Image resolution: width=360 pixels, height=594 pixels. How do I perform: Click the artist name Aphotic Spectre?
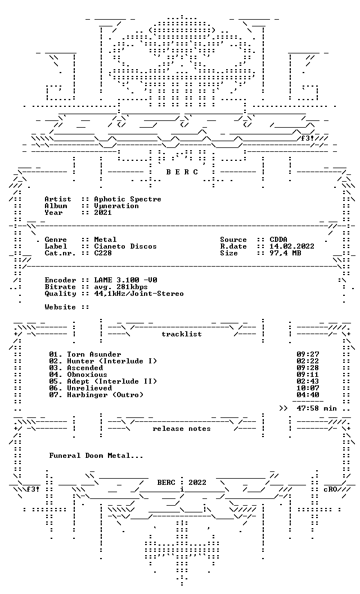point(128,199)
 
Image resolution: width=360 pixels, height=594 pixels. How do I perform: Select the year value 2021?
point(103,213)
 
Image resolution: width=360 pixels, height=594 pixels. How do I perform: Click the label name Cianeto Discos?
point(125,246)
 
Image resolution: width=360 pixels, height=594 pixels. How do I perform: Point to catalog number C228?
point(103,253)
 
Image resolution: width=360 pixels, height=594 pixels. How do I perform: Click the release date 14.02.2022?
point(292,246)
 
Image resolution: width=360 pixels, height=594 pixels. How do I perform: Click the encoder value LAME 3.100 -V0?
point(125,280)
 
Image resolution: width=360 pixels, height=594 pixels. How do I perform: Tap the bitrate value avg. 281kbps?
point(121,287)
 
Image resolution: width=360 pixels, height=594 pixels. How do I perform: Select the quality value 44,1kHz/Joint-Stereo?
point(139,294)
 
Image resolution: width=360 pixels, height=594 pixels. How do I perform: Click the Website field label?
point(60,307)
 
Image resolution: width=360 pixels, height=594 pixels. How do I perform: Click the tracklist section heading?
point(182,334)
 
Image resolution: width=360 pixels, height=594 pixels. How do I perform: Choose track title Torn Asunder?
point(94,354)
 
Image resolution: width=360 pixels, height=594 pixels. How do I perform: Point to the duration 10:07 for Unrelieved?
point(308,388)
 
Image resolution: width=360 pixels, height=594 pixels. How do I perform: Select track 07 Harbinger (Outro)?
point(96,395)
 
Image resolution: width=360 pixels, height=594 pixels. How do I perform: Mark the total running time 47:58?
point(308,408)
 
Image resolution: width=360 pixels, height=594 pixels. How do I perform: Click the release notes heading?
point(182,429)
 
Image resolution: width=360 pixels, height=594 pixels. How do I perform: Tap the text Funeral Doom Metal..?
point(96,456)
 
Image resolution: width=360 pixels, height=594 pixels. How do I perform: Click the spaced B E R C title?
point(182,172)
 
